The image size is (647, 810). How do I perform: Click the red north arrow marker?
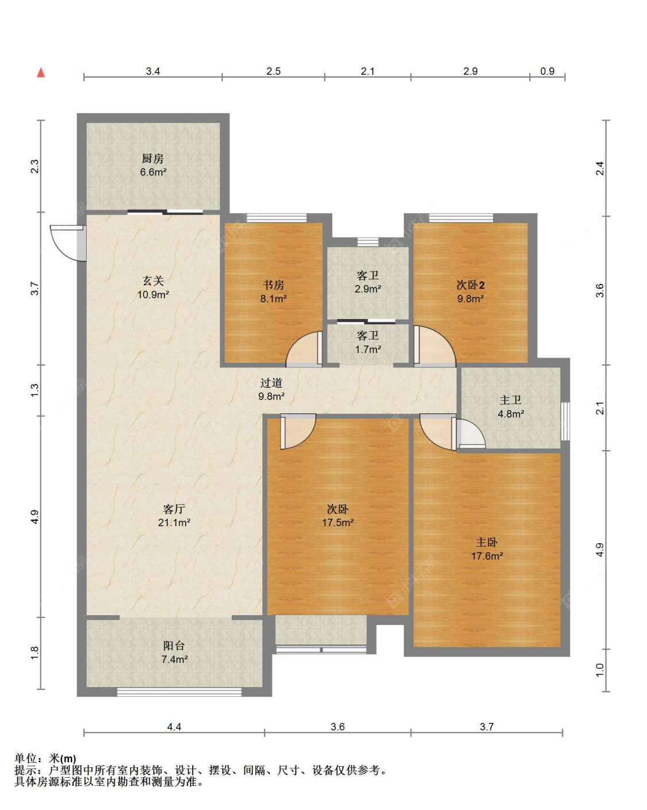(x=41, y=72)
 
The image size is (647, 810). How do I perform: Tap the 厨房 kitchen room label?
(x=152, y=159)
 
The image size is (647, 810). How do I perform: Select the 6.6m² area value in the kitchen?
(x=154, y=172)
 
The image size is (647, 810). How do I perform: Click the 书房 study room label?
(x=273, y=285)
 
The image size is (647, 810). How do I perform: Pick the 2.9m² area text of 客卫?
(x=367, y=289)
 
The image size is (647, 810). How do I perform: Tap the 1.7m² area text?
(x=368, y=350)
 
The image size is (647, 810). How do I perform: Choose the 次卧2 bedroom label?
(x=470, y=285)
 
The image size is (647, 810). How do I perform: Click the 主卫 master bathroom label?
(x=510, y=400)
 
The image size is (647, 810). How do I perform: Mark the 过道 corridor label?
(x=271, y=383)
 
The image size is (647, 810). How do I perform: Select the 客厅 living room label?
(x=174, y=509)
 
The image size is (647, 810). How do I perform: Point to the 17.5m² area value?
(x=338, y=523)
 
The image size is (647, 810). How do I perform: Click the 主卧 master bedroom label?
(x=487, y=542)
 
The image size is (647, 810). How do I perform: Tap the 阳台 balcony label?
(x=174, y=646)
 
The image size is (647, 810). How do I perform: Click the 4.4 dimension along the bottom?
(x=174, y=727)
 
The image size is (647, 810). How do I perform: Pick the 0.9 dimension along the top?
(x=547, y=71)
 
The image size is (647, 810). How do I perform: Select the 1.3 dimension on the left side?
(x=35, y=390)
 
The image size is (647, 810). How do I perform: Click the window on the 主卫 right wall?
(x=565, y=421)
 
